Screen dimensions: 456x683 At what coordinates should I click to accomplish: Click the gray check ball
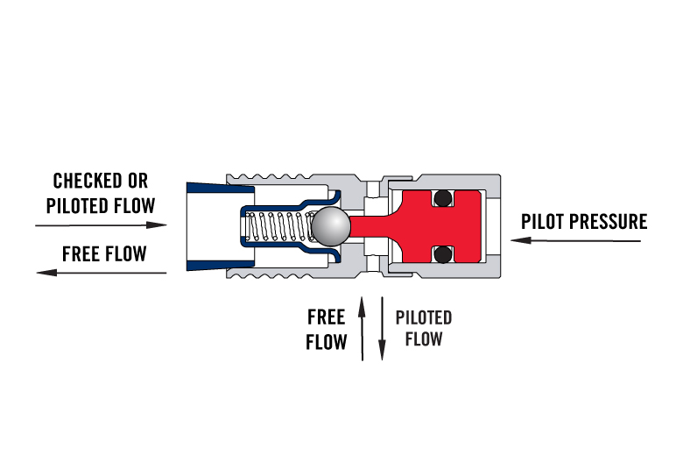[x=331, y=227]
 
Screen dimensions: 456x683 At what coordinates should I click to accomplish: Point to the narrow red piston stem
[x=368, y=227]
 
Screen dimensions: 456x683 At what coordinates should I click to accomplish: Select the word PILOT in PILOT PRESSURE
[x=543, y=221]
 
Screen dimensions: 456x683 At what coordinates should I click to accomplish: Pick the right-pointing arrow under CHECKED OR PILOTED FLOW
[x=101, y=225]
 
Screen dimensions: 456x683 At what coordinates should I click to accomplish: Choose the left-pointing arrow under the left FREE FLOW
[x=101, y=273]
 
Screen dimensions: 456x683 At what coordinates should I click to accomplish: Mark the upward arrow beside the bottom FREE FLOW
[x=363, y=328]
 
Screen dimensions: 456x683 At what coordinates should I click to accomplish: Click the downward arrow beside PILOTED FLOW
[x=382, y=328]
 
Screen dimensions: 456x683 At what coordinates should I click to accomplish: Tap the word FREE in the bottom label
[x=327, y=317]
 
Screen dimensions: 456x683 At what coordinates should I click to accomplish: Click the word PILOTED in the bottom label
[x=424, y=317]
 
